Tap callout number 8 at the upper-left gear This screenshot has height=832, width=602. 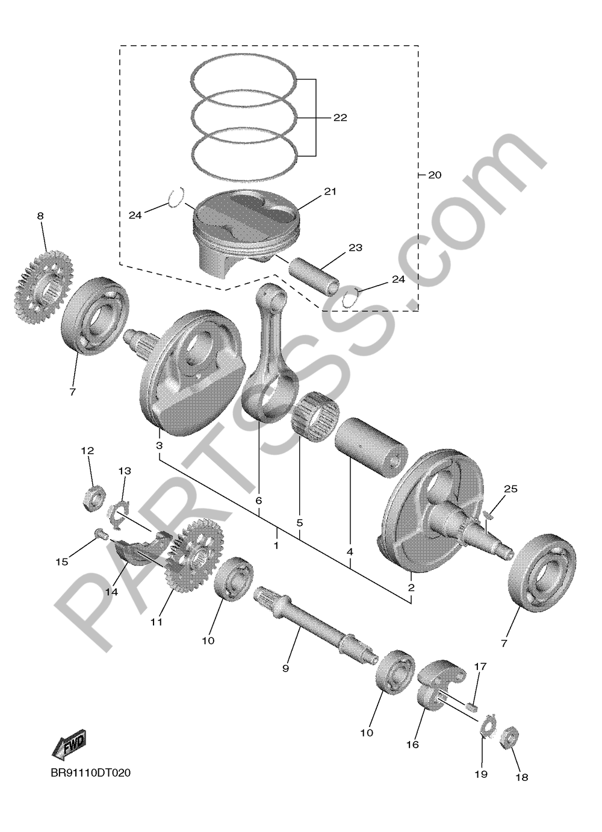[x=40, y=216]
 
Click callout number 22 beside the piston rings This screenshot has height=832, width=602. [x=340, y=118]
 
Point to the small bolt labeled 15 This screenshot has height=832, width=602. [x=101, y=533]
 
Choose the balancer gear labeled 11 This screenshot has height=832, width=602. [x=196, y=554]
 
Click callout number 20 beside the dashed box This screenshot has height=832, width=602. [x=434, y=175]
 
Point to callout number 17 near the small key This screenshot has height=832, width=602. [x=480, y=667]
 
